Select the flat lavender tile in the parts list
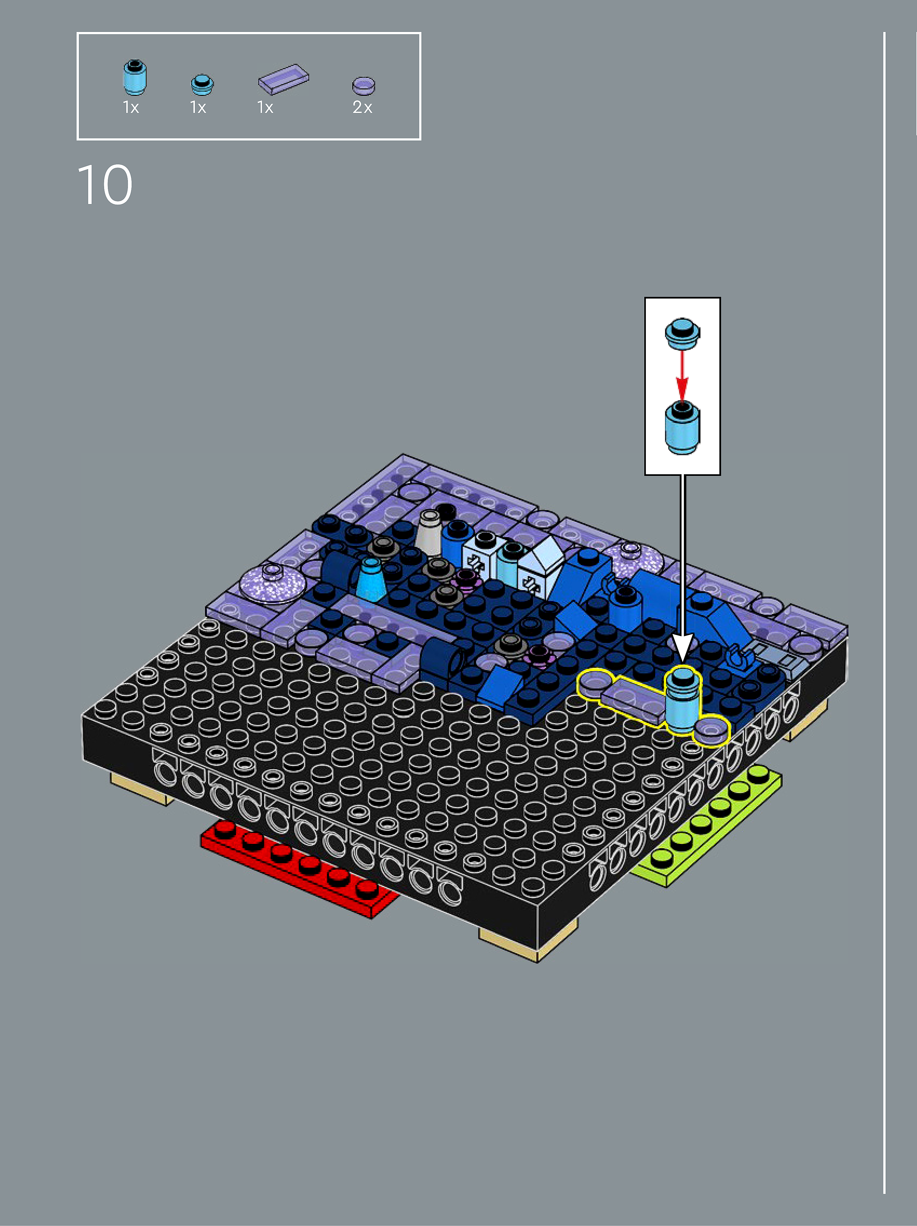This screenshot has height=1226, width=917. tap(283, 79)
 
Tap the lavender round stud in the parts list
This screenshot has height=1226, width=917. tap(364, 86)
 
